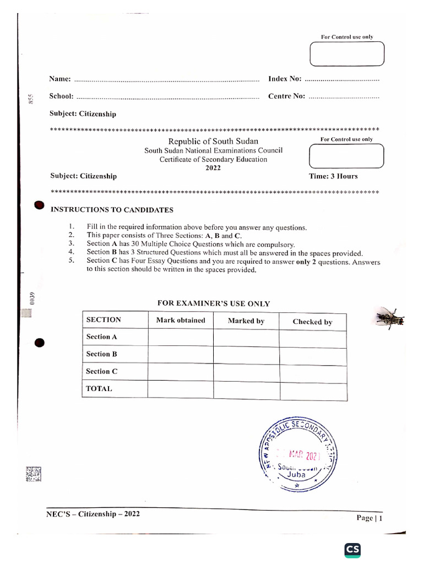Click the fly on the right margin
(390, 318)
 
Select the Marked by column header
(246, 321)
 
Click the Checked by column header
(312, 322)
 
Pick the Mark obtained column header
(181, 320)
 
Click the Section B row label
(101, 354)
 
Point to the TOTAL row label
(99, 388)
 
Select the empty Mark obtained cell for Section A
(181, 337)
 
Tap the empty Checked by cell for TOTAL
(313, 391)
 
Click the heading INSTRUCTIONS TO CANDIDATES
(112, 210)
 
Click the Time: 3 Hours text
(333, 176)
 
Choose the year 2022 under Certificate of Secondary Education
(213, 168)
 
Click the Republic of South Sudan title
(213, 142)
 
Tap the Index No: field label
(285, 79)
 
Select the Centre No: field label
(286, 96)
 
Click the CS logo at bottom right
(352, 549)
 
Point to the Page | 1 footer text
(369, 518)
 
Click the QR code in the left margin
(33, 474)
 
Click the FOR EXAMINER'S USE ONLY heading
(214, 303)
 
